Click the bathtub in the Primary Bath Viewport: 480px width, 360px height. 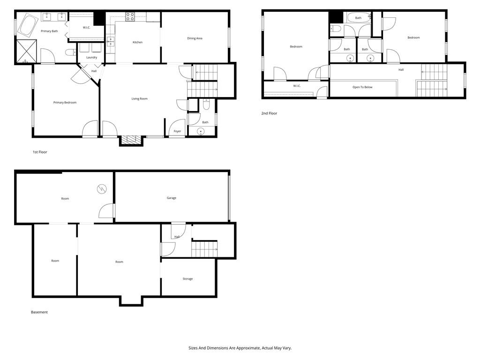29,25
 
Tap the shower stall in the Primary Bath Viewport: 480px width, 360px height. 26,51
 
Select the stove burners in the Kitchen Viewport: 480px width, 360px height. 130,17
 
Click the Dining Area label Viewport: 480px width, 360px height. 195,38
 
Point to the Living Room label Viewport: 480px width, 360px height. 139,99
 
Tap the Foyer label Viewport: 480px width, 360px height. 177,131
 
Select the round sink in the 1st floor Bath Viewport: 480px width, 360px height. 201,131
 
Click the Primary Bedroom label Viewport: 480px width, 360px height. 65,103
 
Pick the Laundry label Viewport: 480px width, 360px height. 91,58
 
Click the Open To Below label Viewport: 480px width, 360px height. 362,87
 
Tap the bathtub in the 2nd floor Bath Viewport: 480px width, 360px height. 358,18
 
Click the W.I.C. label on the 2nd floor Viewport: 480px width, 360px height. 296,86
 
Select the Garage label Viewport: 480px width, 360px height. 172,198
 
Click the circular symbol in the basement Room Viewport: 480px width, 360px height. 102,189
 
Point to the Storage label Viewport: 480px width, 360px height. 187,279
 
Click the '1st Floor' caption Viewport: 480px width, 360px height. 40,152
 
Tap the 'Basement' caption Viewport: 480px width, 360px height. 39,312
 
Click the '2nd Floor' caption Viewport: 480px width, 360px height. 269,113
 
